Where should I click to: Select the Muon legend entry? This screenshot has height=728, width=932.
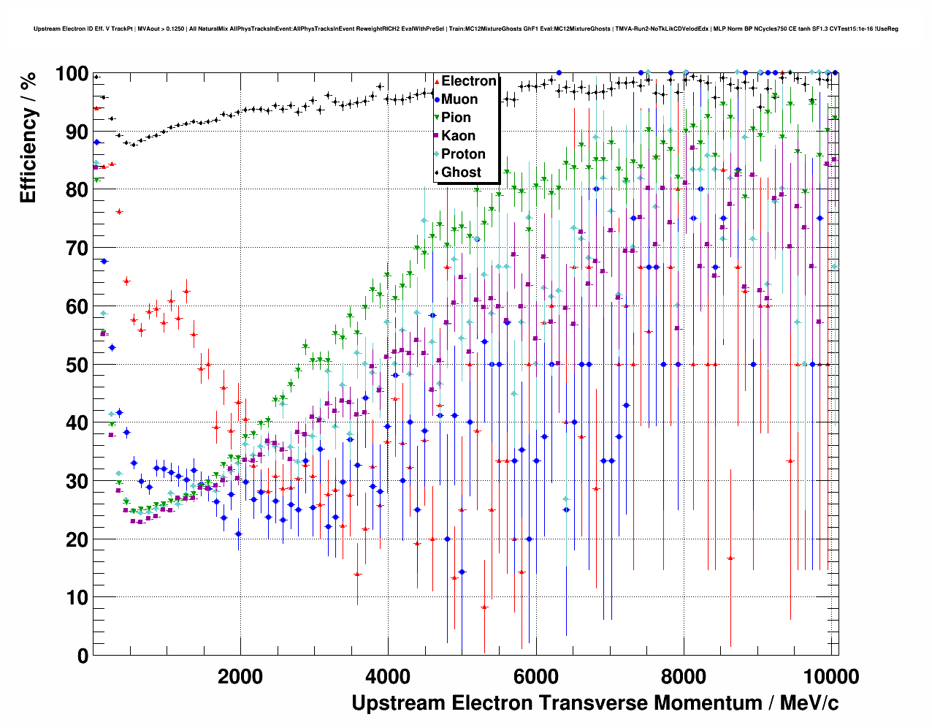459,99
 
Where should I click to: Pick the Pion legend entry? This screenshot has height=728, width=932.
456,118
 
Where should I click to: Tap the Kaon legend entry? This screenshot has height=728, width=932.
458,136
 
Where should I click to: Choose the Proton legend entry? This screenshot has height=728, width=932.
463,154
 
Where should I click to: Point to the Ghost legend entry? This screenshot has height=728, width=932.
461,172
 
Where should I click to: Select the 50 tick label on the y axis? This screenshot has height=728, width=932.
77,365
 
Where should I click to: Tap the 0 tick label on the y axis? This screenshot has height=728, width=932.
83,656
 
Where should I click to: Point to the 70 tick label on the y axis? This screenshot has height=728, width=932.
77,249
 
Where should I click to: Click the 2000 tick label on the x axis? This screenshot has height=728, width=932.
240,677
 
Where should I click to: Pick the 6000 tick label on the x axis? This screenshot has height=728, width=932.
535,677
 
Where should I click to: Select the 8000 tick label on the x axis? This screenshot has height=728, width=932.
683,677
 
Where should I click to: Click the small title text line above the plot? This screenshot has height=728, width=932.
466,29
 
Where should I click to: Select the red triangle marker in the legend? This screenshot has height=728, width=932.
437,82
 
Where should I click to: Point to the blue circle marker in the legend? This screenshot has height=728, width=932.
437,100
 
